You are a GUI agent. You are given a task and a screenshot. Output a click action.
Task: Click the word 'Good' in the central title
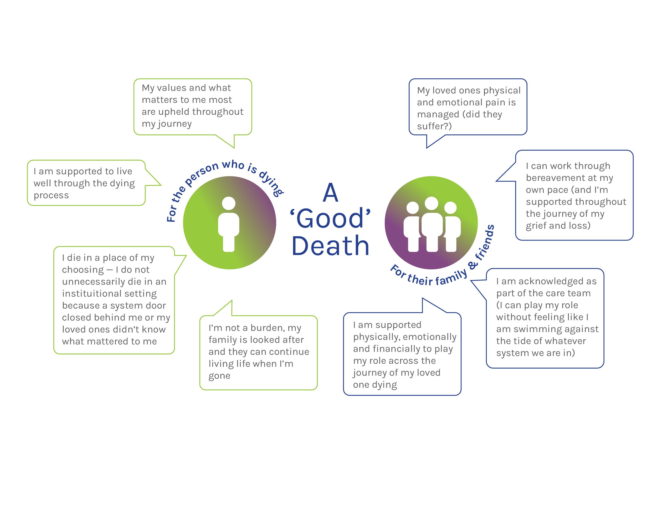pos(330,219)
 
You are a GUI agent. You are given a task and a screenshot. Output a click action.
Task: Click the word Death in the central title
pos(330,246)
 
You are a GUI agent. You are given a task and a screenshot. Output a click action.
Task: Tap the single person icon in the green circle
pos(229,224)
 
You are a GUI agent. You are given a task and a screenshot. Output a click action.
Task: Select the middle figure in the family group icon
pos(432,224)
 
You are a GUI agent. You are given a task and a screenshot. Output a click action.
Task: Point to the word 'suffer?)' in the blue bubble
pos(434,126)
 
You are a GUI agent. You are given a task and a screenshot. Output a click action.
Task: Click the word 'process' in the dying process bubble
pos(51,195)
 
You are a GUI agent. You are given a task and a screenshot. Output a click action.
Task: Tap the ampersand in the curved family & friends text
pos(473,265)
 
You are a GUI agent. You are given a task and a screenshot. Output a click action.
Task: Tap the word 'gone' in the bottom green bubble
pos(219,376)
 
